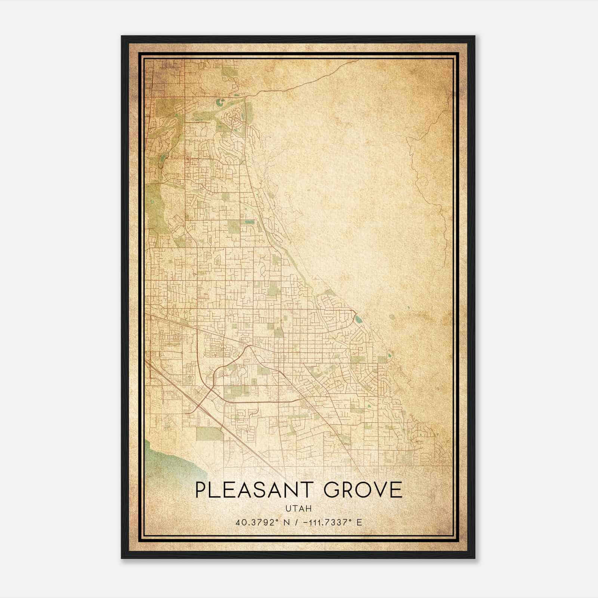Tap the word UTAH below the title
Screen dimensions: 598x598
click(298, 508)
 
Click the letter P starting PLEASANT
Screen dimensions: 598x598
click(201, 490)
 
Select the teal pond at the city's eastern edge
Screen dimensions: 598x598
click(358, 320)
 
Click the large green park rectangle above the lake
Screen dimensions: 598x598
click(209, 434)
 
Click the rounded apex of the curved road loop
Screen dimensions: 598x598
click(248, 346)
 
